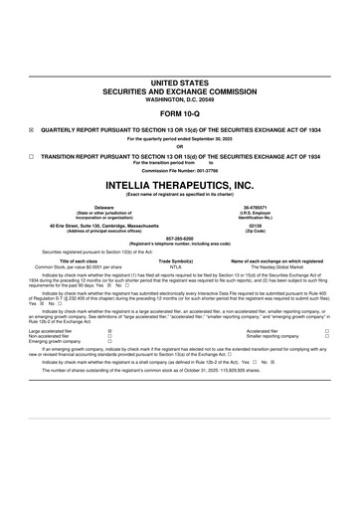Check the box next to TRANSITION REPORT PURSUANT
click(32, 156)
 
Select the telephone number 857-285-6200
click(179, 239)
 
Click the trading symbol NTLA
click(176, 267)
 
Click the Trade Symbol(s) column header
click(176, 260)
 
